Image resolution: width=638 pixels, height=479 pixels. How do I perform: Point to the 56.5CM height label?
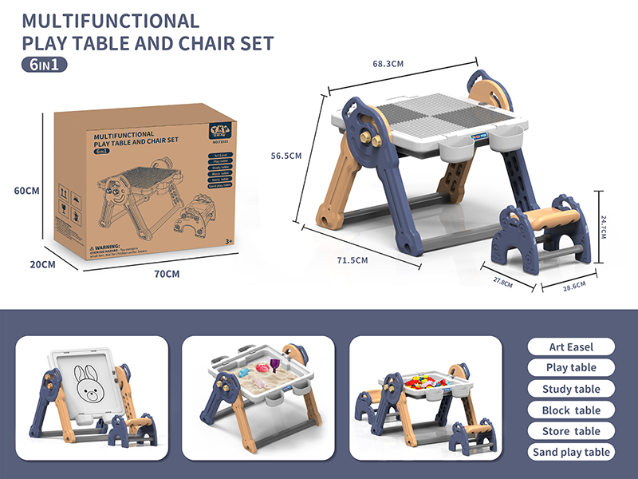pyautogui.click(x=286, y=156)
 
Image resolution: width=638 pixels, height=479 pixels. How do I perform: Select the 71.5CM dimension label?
pyautogui.click(x=352, y=260)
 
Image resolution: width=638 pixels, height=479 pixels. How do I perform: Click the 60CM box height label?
pyautogui.click(x=26, y=190)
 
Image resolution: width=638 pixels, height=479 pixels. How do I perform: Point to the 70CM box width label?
pyautogui.click(x=167, y=274)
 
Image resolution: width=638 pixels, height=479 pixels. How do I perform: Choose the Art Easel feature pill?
pyautogui.click(x=572, y=346)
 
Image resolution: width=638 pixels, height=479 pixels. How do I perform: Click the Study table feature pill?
pyautogui.click(x=572, y=389)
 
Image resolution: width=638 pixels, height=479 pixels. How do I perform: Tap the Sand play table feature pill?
pyautogui.click(x=572, y=452)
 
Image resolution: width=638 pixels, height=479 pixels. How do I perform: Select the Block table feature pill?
pyautogui.click(x=572, y=410)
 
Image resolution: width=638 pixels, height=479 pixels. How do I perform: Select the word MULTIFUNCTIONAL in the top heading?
pyautogui.click(x=111, y=21)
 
